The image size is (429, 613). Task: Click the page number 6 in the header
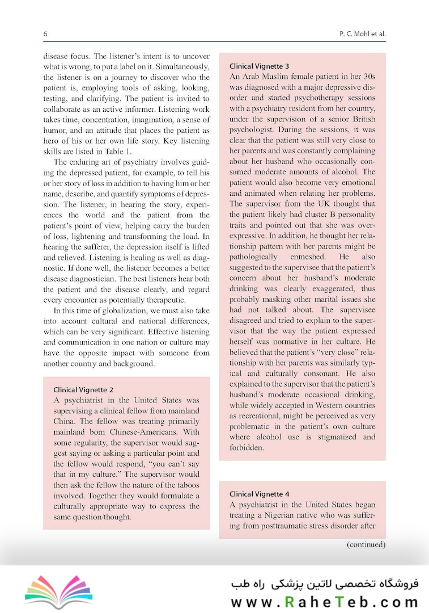click(x=45, y=34)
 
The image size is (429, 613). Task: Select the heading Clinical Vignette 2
click(x=83, y=390)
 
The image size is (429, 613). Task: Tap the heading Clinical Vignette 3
click(x=259, y=66)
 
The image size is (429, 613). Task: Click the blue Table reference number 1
click(x=128, y=151)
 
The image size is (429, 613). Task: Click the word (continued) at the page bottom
click(x=366, y=544)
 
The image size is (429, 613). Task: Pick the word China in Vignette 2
click(x=65, y=422)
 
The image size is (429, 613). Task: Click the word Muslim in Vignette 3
click(x=277, y=76)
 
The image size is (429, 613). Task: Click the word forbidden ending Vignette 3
click(x=248, y=447)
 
